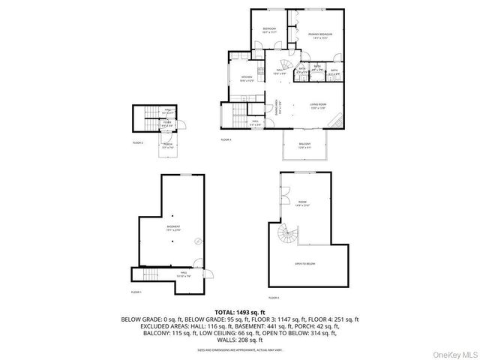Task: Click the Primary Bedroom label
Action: pos(320,36)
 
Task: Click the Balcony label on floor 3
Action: pos(304,144)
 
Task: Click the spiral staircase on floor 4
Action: pos(287,239)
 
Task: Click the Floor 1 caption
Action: pos(136,291)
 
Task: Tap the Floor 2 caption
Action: pos(138,142)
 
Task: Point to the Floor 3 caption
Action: pos(226,139)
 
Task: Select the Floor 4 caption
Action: pos(274,297)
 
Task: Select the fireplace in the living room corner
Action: pos(340,121)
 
